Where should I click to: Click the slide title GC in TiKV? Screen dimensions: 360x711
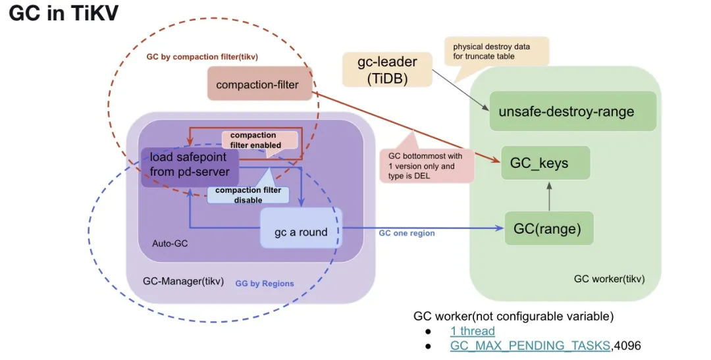(63, 14)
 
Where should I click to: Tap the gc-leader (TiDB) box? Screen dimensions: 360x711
(387, 70)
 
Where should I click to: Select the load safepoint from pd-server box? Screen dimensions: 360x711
(190, 165)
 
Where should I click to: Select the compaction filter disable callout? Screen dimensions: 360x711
(248, 194)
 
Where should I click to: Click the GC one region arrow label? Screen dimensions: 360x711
(406, 233)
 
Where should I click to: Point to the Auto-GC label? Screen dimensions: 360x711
(170, 244)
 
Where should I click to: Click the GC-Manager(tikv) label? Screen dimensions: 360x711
(183, 281)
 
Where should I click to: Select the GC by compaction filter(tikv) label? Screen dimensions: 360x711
(201, 57)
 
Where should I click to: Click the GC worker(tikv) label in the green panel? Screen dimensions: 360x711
(609, 278)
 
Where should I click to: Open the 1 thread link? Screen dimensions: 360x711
(473, 331)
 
